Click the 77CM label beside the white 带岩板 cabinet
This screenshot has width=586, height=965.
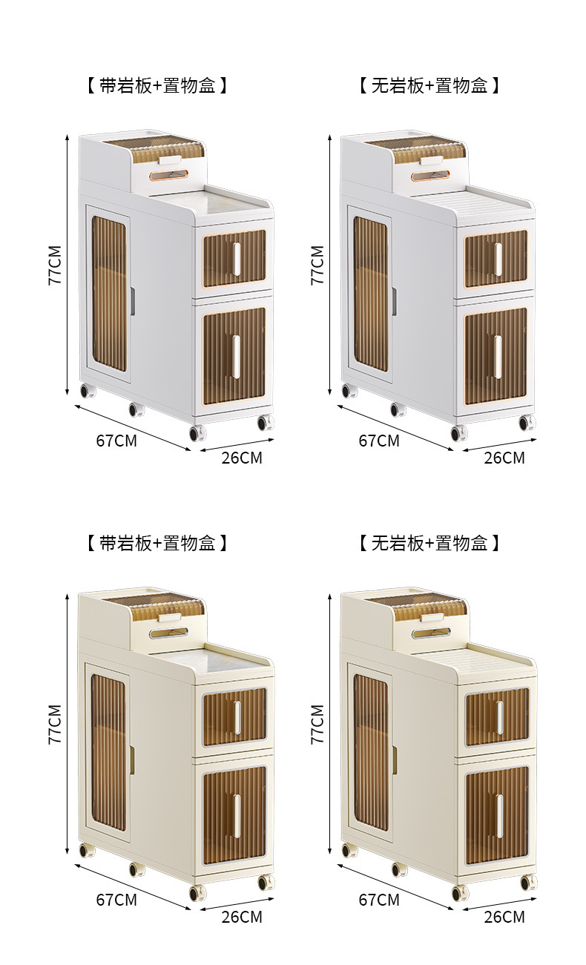[55, 266]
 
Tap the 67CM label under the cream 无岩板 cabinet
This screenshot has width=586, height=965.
[378, 899]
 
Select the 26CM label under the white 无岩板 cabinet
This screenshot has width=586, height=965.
[504, 458]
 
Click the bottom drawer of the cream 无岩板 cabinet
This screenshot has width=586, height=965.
[497, 814]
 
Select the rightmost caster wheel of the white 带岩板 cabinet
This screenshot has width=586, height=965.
[265, 423]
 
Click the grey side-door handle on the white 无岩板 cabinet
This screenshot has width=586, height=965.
[394, 301]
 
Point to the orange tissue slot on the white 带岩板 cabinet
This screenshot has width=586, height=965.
[170, 175]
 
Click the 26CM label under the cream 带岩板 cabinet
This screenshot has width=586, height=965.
[242, 917]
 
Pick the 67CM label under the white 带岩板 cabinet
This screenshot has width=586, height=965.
[116, 440]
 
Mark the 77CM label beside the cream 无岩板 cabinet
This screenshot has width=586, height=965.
[317, 724]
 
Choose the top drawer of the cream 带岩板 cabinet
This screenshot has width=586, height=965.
[234, 717]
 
